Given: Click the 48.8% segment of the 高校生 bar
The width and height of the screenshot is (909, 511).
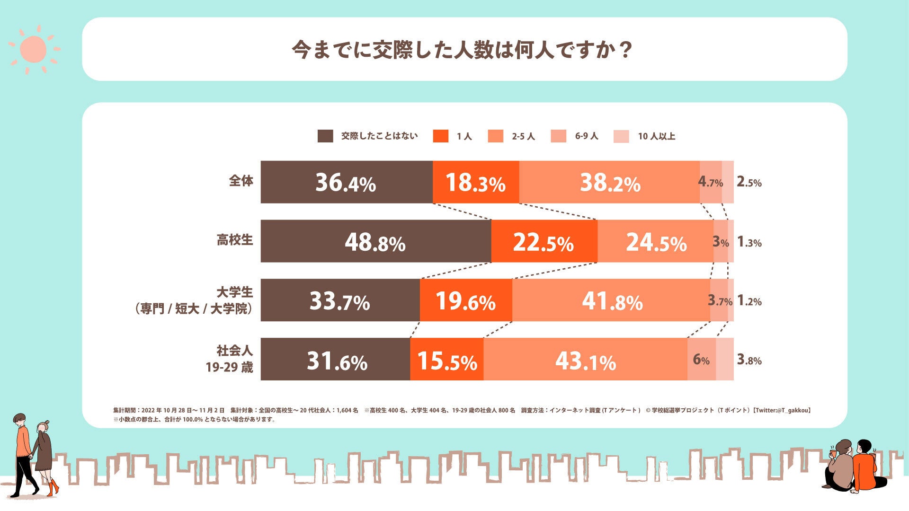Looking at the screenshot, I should point(375,241).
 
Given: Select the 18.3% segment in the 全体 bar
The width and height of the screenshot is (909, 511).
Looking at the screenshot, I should point(475,182).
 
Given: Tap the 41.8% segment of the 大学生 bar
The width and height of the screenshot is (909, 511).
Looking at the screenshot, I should point(611,300).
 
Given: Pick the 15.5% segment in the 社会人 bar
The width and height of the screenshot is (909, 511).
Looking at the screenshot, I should point(446,360).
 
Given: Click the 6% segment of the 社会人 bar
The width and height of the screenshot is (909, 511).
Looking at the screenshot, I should point(701,360).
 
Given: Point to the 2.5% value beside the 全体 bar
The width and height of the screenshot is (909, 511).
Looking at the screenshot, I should point(749,182).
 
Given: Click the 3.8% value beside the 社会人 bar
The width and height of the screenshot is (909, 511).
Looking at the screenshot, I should point(749,360).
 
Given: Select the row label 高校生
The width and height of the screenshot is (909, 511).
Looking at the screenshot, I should point(235,240).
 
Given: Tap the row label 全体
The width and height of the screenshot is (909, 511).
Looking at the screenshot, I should point(241,181).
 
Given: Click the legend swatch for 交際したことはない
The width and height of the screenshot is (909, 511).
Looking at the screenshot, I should point(325,136).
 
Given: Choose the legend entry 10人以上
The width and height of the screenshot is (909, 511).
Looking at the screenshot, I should point(656,136).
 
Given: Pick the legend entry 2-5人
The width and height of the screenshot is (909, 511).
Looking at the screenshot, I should point(523,136).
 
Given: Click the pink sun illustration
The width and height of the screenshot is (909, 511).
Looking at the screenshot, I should point(34,49).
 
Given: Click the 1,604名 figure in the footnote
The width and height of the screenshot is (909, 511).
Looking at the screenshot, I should point(347,410).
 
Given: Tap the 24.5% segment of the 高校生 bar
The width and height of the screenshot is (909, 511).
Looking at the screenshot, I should point(656,241).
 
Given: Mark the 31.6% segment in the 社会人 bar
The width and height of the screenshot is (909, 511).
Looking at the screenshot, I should point(336,360).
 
